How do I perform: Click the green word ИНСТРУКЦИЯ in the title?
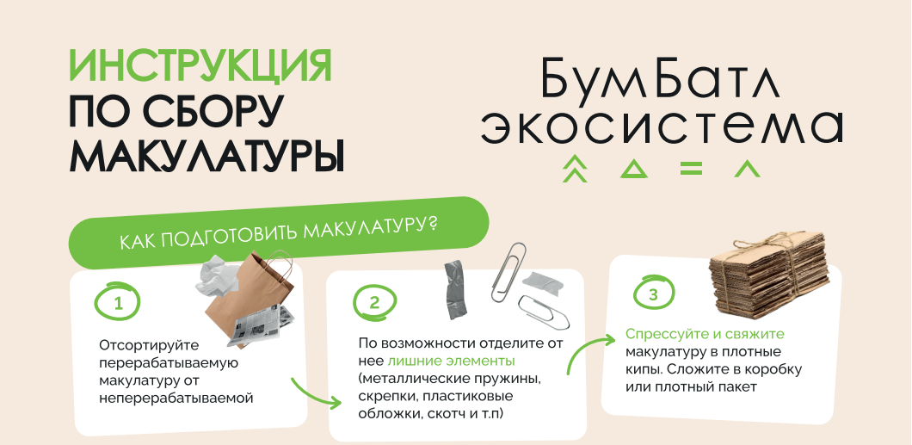coord(200,65)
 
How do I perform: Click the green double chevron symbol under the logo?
coord(575,169)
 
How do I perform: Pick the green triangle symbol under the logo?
coord(633,170)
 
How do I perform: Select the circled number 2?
coord(374,302)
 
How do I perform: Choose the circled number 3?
coord(652,294)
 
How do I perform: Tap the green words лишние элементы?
coord(452,361)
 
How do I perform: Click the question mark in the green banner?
coord(431,226)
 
